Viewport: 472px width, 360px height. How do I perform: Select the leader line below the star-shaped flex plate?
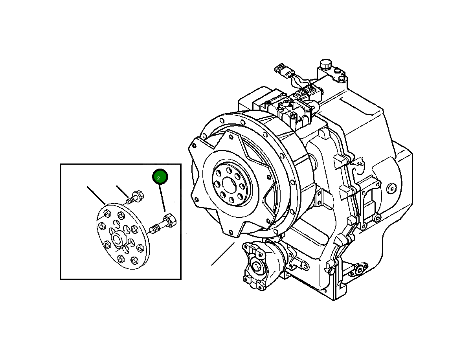tap(223, 254)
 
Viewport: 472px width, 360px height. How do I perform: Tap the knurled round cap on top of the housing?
tap(325, 64)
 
